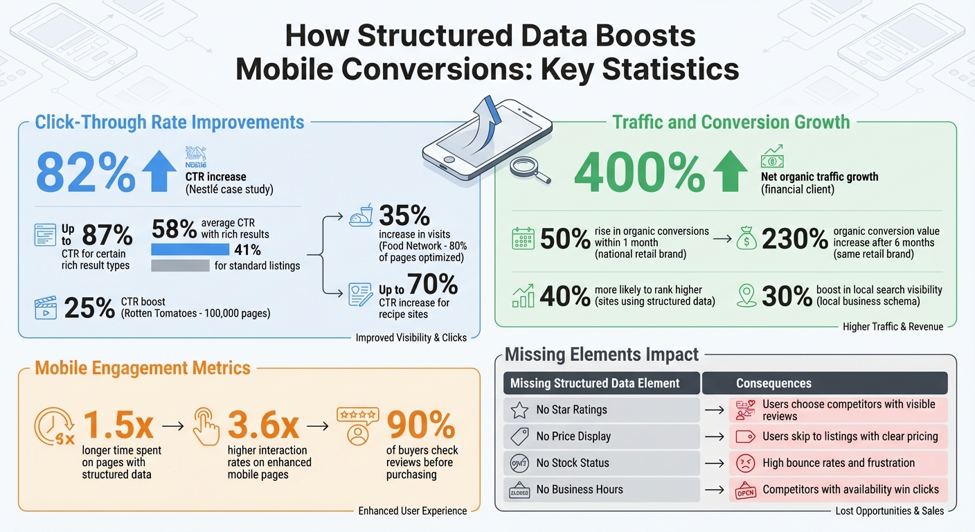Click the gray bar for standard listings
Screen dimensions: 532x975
(179, 265)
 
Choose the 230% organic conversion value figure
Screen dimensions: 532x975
(794, 239)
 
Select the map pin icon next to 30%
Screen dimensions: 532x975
(746, 296)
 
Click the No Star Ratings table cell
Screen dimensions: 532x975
(601, 410)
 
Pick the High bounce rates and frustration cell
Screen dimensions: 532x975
(838, 463)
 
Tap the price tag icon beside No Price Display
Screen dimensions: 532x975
(519, 436)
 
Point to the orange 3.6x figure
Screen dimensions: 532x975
(264, 425)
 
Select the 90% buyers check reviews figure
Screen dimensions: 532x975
(421, 425)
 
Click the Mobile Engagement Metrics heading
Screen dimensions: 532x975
(143, 367)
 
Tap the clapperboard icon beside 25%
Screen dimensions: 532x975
(45, 307)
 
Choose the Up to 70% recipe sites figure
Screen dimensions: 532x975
(418, 285)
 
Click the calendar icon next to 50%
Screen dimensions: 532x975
(523, 239)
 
